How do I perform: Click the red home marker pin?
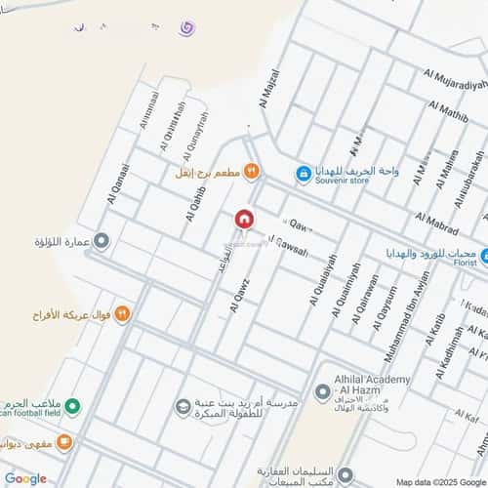coord(245,219)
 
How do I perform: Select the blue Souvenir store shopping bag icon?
coord(305,173)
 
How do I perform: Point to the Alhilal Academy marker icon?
coord(323,392)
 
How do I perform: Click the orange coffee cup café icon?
coord(63,442)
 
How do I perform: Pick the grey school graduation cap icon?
coord(183,405)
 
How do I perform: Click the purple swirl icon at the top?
coord(186,28)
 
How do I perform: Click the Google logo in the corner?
coord(24,478)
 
